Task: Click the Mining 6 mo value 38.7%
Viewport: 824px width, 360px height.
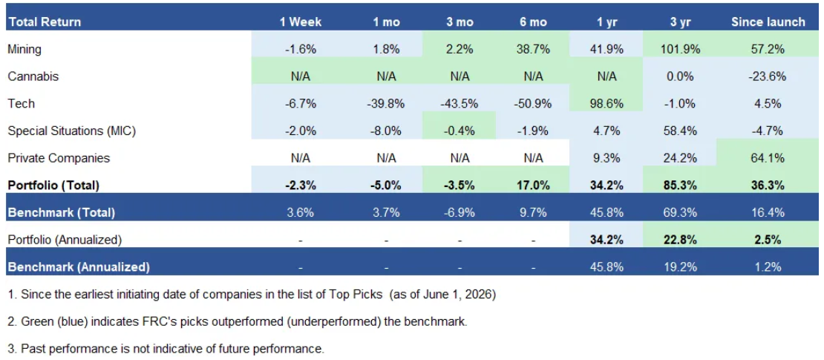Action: [533, 50]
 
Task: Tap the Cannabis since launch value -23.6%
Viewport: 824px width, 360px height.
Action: [768, 76]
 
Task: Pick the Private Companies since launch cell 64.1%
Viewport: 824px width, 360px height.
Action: [768, 157]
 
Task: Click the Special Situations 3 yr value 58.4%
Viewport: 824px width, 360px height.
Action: [681, 131]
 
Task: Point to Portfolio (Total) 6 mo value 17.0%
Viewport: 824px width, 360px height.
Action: [533, 186]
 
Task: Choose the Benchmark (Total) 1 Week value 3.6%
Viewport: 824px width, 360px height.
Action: [300, 213]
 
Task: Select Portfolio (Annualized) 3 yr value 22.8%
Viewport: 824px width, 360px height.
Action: [681, 240]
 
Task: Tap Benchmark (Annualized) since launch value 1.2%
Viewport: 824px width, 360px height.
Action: [768, 267]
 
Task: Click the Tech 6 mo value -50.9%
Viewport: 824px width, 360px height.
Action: [533, 103]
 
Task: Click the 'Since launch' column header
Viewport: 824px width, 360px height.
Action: [768, 22]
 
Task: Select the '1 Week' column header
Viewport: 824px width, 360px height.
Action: [300, 22]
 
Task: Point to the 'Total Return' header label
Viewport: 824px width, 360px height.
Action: [45, 22]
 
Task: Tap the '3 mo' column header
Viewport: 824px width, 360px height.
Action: [460, 22]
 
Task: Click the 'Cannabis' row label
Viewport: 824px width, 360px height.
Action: [33, 76]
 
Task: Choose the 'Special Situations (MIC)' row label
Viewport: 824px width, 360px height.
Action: [72, 131]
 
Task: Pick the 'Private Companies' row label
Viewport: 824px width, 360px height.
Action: [59, 157]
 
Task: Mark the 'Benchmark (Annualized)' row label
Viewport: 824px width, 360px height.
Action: [79, 267]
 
